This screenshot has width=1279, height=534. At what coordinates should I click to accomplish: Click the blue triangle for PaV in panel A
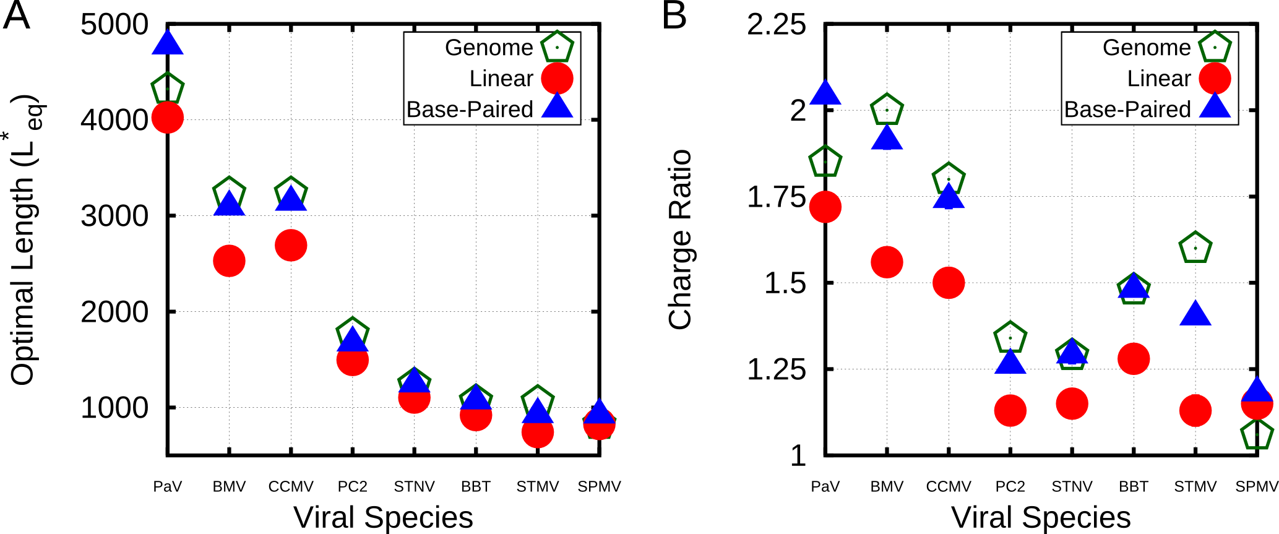pos(168,43)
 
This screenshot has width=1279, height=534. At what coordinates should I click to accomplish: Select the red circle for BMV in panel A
pos(229,261)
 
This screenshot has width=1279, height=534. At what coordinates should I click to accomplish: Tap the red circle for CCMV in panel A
pos(291,245)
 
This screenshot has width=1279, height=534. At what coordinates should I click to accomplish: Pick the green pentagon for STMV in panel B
pos(1195,248)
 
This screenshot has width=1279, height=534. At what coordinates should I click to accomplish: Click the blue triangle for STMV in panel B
pos(1195,315)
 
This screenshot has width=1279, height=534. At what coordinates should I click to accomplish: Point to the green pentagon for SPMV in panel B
pos(1257,434)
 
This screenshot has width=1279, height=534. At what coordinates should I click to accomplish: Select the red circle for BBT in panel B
pos(1134,359)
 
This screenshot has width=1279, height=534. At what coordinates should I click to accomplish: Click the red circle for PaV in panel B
pos(825,207)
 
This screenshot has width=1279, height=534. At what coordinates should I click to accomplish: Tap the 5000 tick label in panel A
pos(114,25)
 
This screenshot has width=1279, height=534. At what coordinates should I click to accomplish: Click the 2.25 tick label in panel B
pos(777,25)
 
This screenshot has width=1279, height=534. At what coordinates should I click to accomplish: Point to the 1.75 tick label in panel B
pos(777,197)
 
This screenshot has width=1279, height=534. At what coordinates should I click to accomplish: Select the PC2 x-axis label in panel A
pos(353,487)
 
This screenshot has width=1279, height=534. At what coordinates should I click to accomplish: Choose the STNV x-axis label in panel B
pos(1072,487)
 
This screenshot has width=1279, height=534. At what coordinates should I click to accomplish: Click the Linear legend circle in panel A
pos(557,79)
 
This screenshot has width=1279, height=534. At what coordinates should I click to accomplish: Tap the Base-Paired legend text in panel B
pos(1127,110)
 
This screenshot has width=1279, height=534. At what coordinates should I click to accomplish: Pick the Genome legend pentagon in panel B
pos(1215,48)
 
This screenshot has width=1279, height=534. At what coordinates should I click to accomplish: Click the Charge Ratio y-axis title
pos(679,239)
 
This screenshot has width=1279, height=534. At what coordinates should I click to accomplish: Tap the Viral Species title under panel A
pos(383,517)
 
